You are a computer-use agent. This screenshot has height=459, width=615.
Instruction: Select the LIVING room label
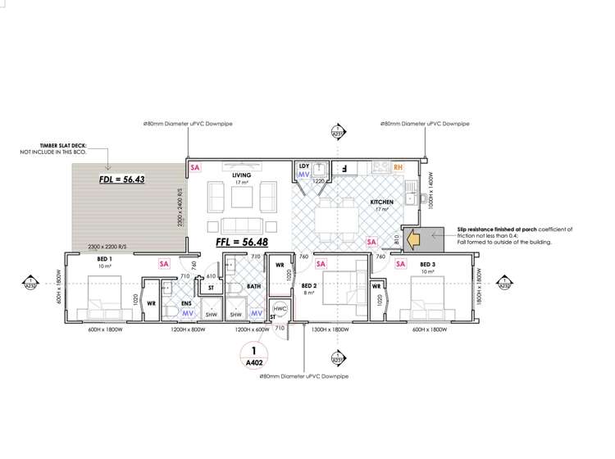tap(241, 175)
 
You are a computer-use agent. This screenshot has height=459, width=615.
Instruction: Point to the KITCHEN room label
tap(383, 202)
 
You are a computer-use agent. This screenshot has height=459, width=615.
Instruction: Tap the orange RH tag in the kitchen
tap(399, 167)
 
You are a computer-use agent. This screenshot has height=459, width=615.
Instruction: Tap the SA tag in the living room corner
tap(195, 167)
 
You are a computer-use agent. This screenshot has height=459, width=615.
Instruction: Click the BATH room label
tap(254, 288)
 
